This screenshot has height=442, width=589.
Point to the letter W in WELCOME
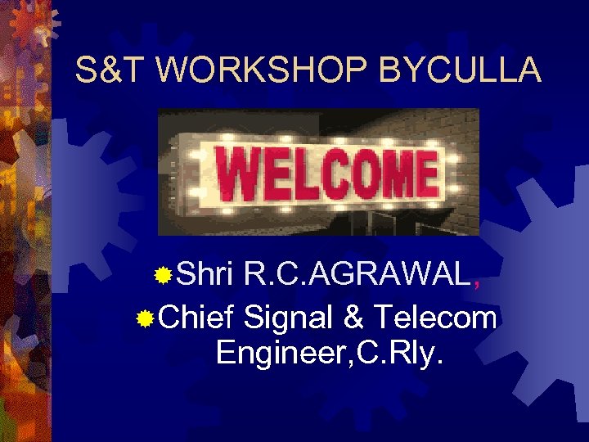240,174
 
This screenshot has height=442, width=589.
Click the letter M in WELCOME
393,174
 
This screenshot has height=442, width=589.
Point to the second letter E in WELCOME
428,174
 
